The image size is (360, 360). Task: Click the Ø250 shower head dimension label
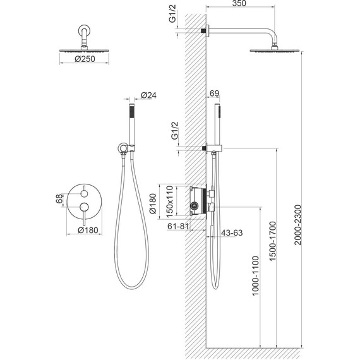pyautogui.click(x=85, y=59)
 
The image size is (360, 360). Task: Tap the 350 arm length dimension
pyautogui.click(x=239, y=3)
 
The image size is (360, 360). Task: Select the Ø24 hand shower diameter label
pyautogui.click(x=148, y=95)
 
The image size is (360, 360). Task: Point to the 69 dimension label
pyautogui.click(x=215, y=93)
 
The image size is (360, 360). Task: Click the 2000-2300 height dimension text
pyautogui.click(x=297, y=225)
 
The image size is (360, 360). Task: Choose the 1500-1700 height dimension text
pyautogui.click(x=272, y=241)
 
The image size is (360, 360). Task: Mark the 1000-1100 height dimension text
pyautogui.click(x=256, y=276)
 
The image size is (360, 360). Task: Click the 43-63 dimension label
pyautogui.click(x=232, y=233)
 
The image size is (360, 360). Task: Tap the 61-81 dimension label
pyautogui.click(x=178, y=226)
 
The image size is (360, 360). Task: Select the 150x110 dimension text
pyautogui.click(x=169, y=201)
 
